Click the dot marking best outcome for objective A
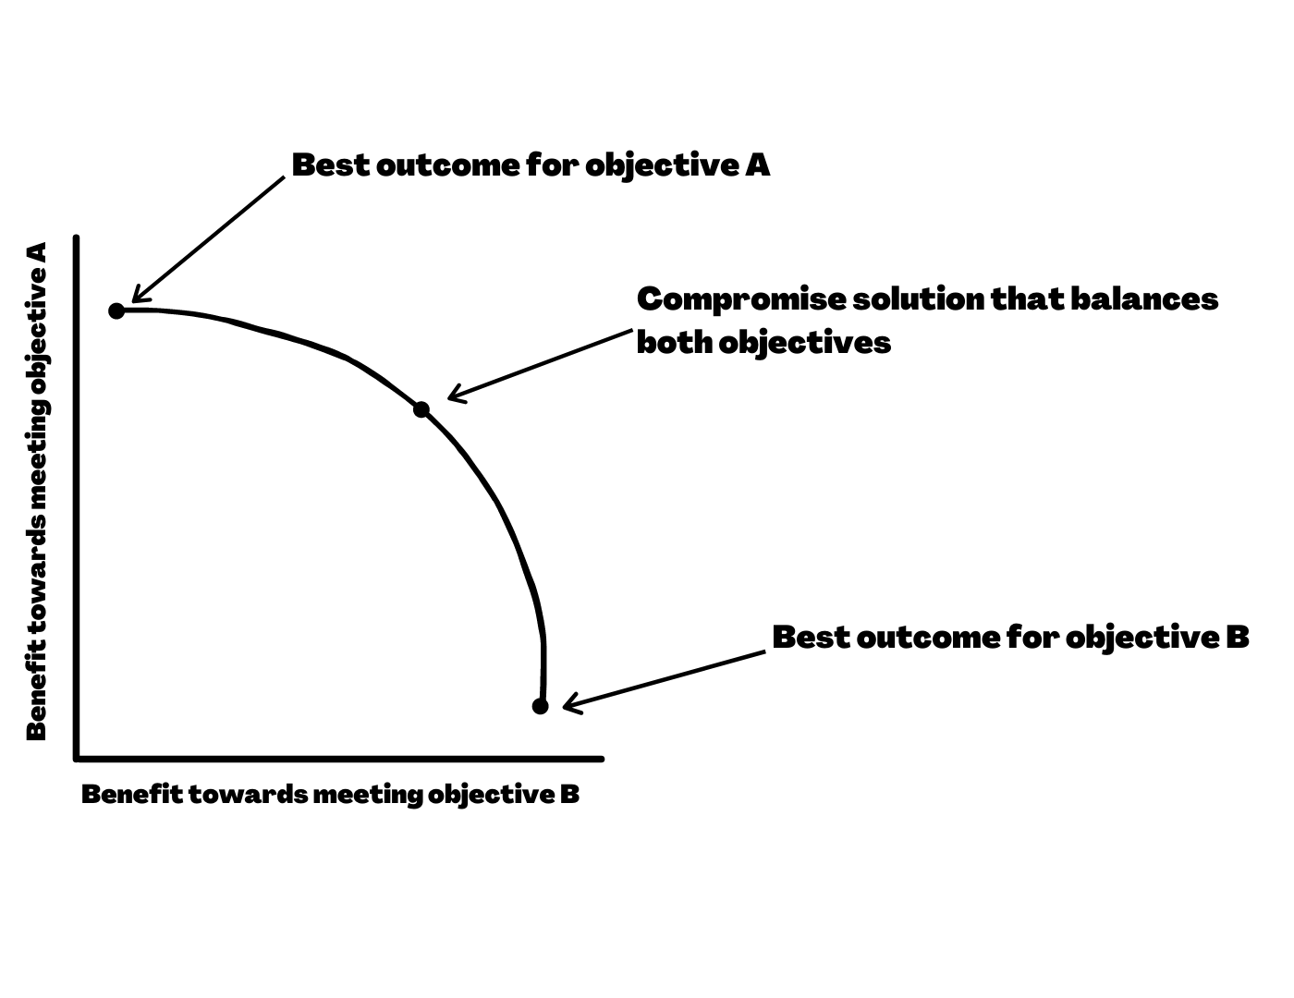[x=116, y=310]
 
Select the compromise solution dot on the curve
[x=421, y=409]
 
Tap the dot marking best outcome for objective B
[x=541, y=706]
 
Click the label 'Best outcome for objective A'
[x=531, y=165]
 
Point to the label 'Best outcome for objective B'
[x=1010, y=637]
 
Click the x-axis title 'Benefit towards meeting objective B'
[x=330, y=794]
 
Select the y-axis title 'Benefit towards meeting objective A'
[x=37, y=491]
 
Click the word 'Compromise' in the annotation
[x=739, y=299]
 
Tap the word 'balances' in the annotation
[x=1144, y=299]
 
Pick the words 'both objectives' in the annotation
[x=763, y=343]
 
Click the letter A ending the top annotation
[x=758, y=165]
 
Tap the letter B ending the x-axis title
[x=569, y=794]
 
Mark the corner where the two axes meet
[x=78, y=759]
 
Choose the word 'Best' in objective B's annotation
[x=809, y=637]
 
